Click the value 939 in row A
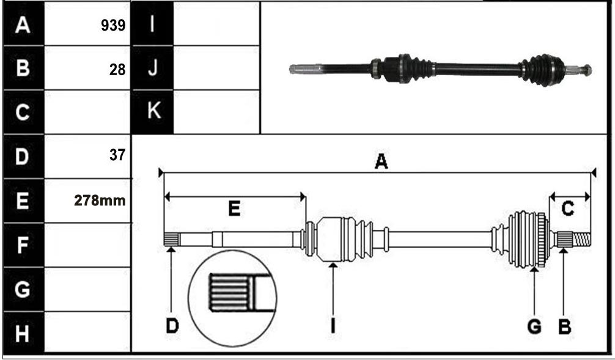point(113,26)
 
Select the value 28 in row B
point(117,70)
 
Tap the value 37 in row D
point(117,155)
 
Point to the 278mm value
point(100,201)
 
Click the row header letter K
point(154,111)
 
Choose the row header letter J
point(153,68)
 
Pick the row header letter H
point(23,334)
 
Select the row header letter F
point(23,245)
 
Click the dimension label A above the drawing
point(381,161)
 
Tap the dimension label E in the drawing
point(234,208)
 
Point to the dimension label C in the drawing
point(567,208)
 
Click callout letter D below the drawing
point(172,326)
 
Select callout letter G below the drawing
point(534,326)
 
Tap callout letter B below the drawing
point(564,326)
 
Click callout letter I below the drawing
point(333,326)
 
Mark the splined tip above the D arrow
point(171,239)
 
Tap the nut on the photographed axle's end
point(587,70)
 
